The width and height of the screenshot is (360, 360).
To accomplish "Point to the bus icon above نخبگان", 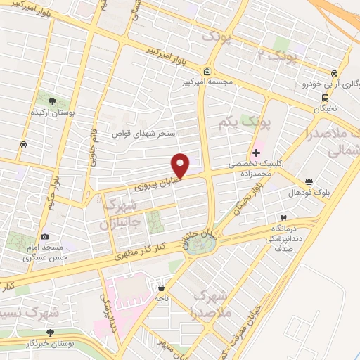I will click(x=325, y=98).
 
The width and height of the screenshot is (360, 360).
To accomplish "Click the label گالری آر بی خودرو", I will click(x=314, y=84).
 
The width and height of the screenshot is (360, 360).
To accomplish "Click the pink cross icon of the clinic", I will click(x=256, y=151).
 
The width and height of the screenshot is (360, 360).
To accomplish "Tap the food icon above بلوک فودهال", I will click(x=309, y=181).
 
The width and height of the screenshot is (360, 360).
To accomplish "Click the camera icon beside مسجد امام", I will click(x=45, y=238).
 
